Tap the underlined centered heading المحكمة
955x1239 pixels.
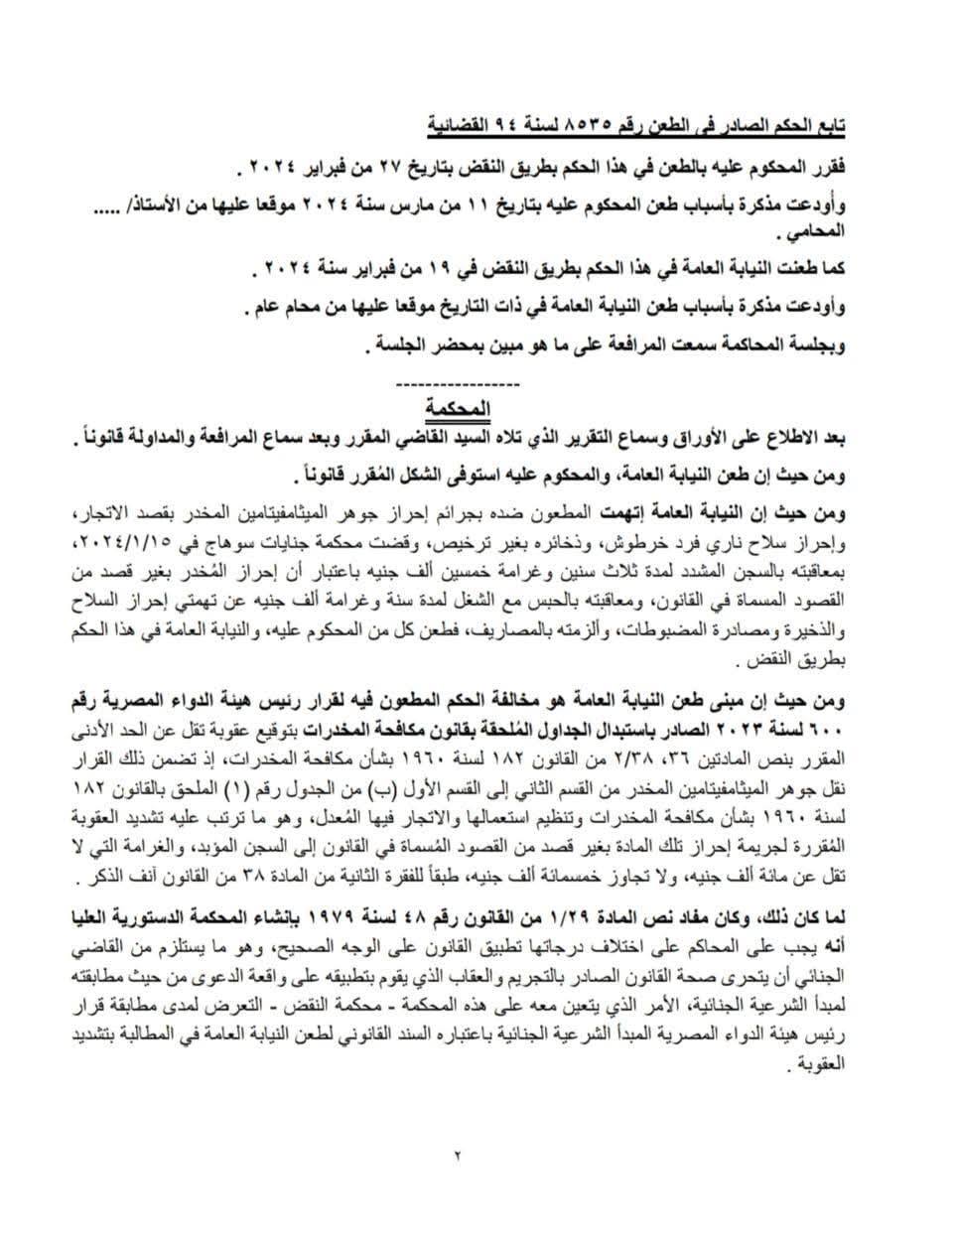(457, 406)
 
